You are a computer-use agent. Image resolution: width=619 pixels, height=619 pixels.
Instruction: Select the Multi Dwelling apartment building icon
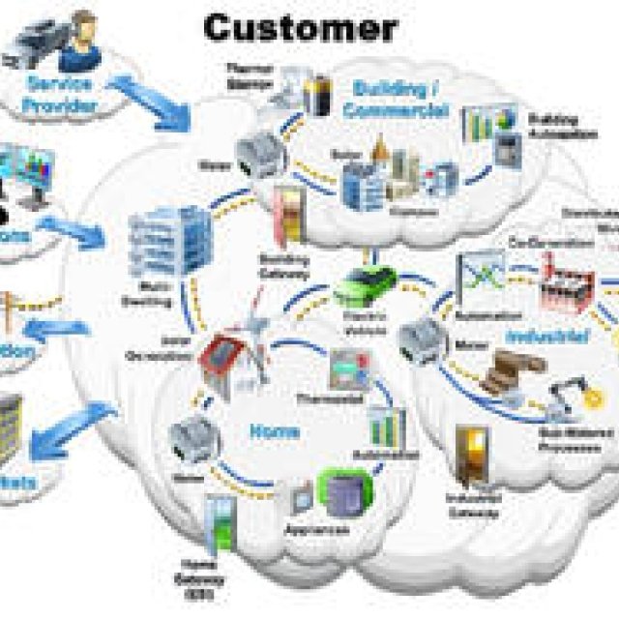pyautogui.click(x=170, y=240)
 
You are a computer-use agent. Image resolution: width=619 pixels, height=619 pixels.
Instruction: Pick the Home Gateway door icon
pyautogui.click(x=220, y=523)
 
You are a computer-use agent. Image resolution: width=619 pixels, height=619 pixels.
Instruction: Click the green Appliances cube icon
pyautogui.click(x=343, y=492)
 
